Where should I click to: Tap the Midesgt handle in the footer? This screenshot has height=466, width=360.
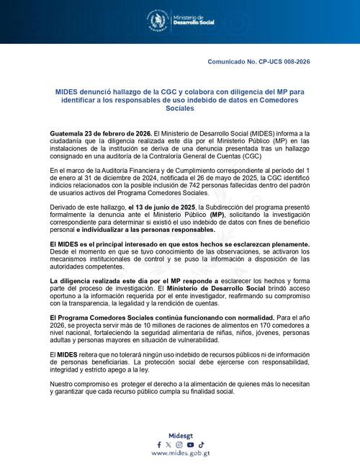pyautogui.click(x=180, y=436)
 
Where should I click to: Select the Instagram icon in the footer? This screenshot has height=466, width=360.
pyautogui.click(x=179, y=444)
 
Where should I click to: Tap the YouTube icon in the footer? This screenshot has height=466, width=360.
pyautogui.click(x=190, y=444)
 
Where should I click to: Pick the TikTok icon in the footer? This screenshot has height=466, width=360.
pyautogui.click(x=202, y=444)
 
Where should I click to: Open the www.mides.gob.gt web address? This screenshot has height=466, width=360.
pyautogui.click(x=180, y=454)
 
